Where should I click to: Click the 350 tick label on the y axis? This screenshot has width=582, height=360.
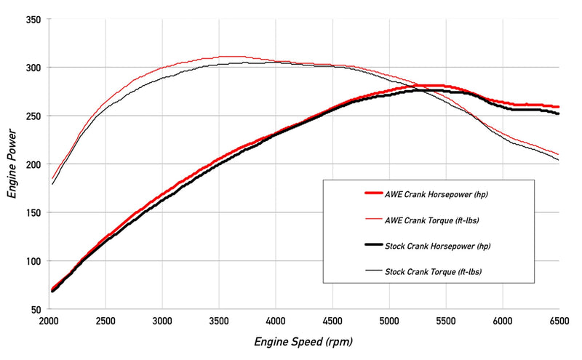pos(32,19)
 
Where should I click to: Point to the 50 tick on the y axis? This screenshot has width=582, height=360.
pos(35,309)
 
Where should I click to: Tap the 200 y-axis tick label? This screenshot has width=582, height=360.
pos(32,164)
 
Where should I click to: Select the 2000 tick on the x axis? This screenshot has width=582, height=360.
pos(49,321)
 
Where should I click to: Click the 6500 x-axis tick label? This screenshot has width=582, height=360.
pos(559,321)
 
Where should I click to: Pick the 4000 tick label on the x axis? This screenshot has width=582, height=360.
pos(276,321)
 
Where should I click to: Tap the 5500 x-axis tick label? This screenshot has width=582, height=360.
pos(446,321)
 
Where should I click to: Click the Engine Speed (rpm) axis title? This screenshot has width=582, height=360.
pos(303,340)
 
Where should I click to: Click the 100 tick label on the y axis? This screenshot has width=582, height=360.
pos(32,261)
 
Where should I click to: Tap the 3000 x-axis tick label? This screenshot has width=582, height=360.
pos(162,321)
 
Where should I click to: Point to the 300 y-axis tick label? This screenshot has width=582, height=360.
pos(32,68)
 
